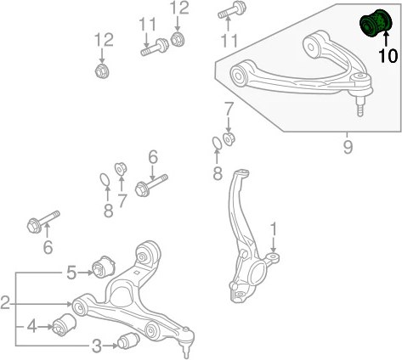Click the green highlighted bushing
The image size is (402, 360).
pyautogui.click(x=376, y=23)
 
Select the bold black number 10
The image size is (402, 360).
pyautogui.click(x=388, y=55)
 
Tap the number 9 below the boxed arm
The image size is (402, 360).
pyautogui.click(x=348, y=147)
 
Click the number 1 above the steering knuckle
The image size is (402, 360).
pyautogui.click(x=274, y=229)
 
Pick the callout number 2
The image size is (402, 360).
pyautogui.click(x=5, y=303)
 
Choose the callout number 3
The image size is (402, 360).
pyautogui.click(x=97, y=346)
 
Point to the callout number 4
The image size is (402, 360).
pyautogui.click(x=31, y=327)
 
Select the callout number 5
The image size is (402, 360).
pyautogui.click(x=71, y=273)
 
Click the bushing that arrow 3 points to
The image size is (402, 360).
pyautogui.click(x=128, y=341)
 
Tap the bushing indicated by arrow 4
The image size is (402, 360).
pyautogui.click(x=65, y=324)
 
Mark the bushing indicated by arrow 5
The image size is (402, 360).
pyautogui.click(x=104, y=267)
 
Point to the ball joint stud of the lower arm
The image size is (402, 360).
pyautogui.click(x=185, y=351)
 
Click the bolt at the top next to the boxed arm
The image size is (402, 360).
pyautogui.click(x=232, y=9)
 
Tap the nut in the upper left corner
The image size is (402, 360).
pyautogui.click(x=103, y=70)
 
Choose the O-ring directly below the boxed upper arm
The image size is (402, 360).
pyautogui.click(x=217, y=143)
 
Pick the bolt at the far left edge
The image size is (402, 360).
pyautogui.click(x=43, y=222)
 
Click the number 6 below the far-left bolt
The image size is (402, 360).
pyautogui.click(x=48, y=247)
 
